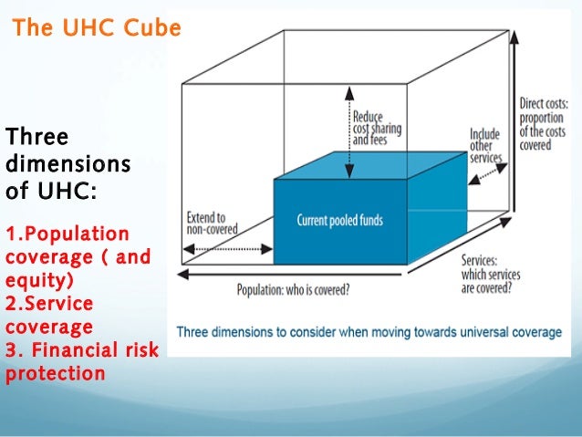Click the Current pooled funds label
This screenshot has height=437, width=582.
pyautogui.click(x=339, y=221)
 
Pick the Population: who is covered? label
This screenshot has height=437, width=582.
pyautogui.click(x=293, y=291)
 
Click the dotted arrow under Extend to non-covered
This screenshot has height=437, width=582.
pyautogui.click(x=228, y=248)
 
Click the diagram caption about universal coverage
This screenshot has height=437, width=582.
pyautogui.click(x=369, y=332)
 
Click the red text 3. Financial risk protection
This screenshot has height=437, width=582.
pyautogui.click(x=80, y=361)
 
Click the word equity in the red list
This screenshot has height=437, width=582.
pyautogui.click(x=35, y=280)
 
